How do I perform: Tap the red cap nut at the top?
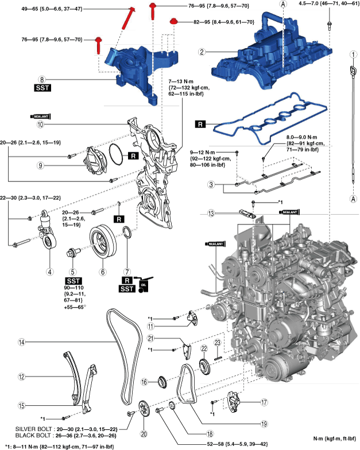[173, 22]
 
